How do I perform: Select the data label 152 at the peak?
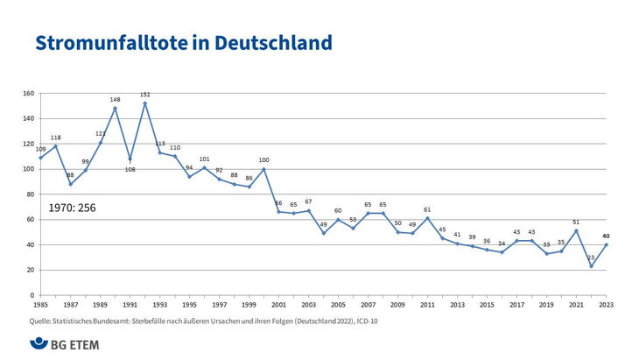145,95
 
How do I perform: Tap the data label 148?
115,100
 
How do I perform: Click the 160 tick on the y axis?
27,94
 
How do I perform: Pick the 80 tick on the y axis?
29,194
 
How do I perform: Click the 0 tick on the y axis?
32,295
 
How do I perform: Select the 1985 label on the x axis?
40,305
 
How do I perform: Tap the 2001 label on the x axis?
278,305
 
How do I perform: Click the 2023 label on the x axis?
605,305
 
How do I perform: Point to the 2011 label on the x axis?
427,305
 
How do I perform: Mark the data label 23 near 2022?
591,258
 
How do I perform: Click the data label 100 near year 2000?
263,160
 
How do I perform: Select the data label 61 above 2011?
427,209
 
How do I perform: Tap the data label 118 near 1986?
55,138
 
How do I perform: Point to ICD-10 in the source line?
365,321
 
